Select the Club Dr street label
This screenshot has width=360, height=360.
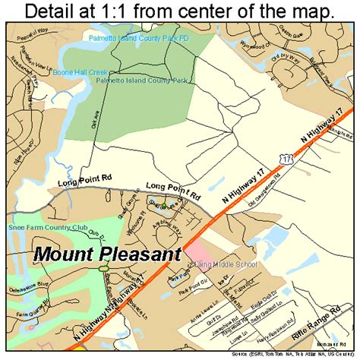pyautogui.click(x=96, y=232)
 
